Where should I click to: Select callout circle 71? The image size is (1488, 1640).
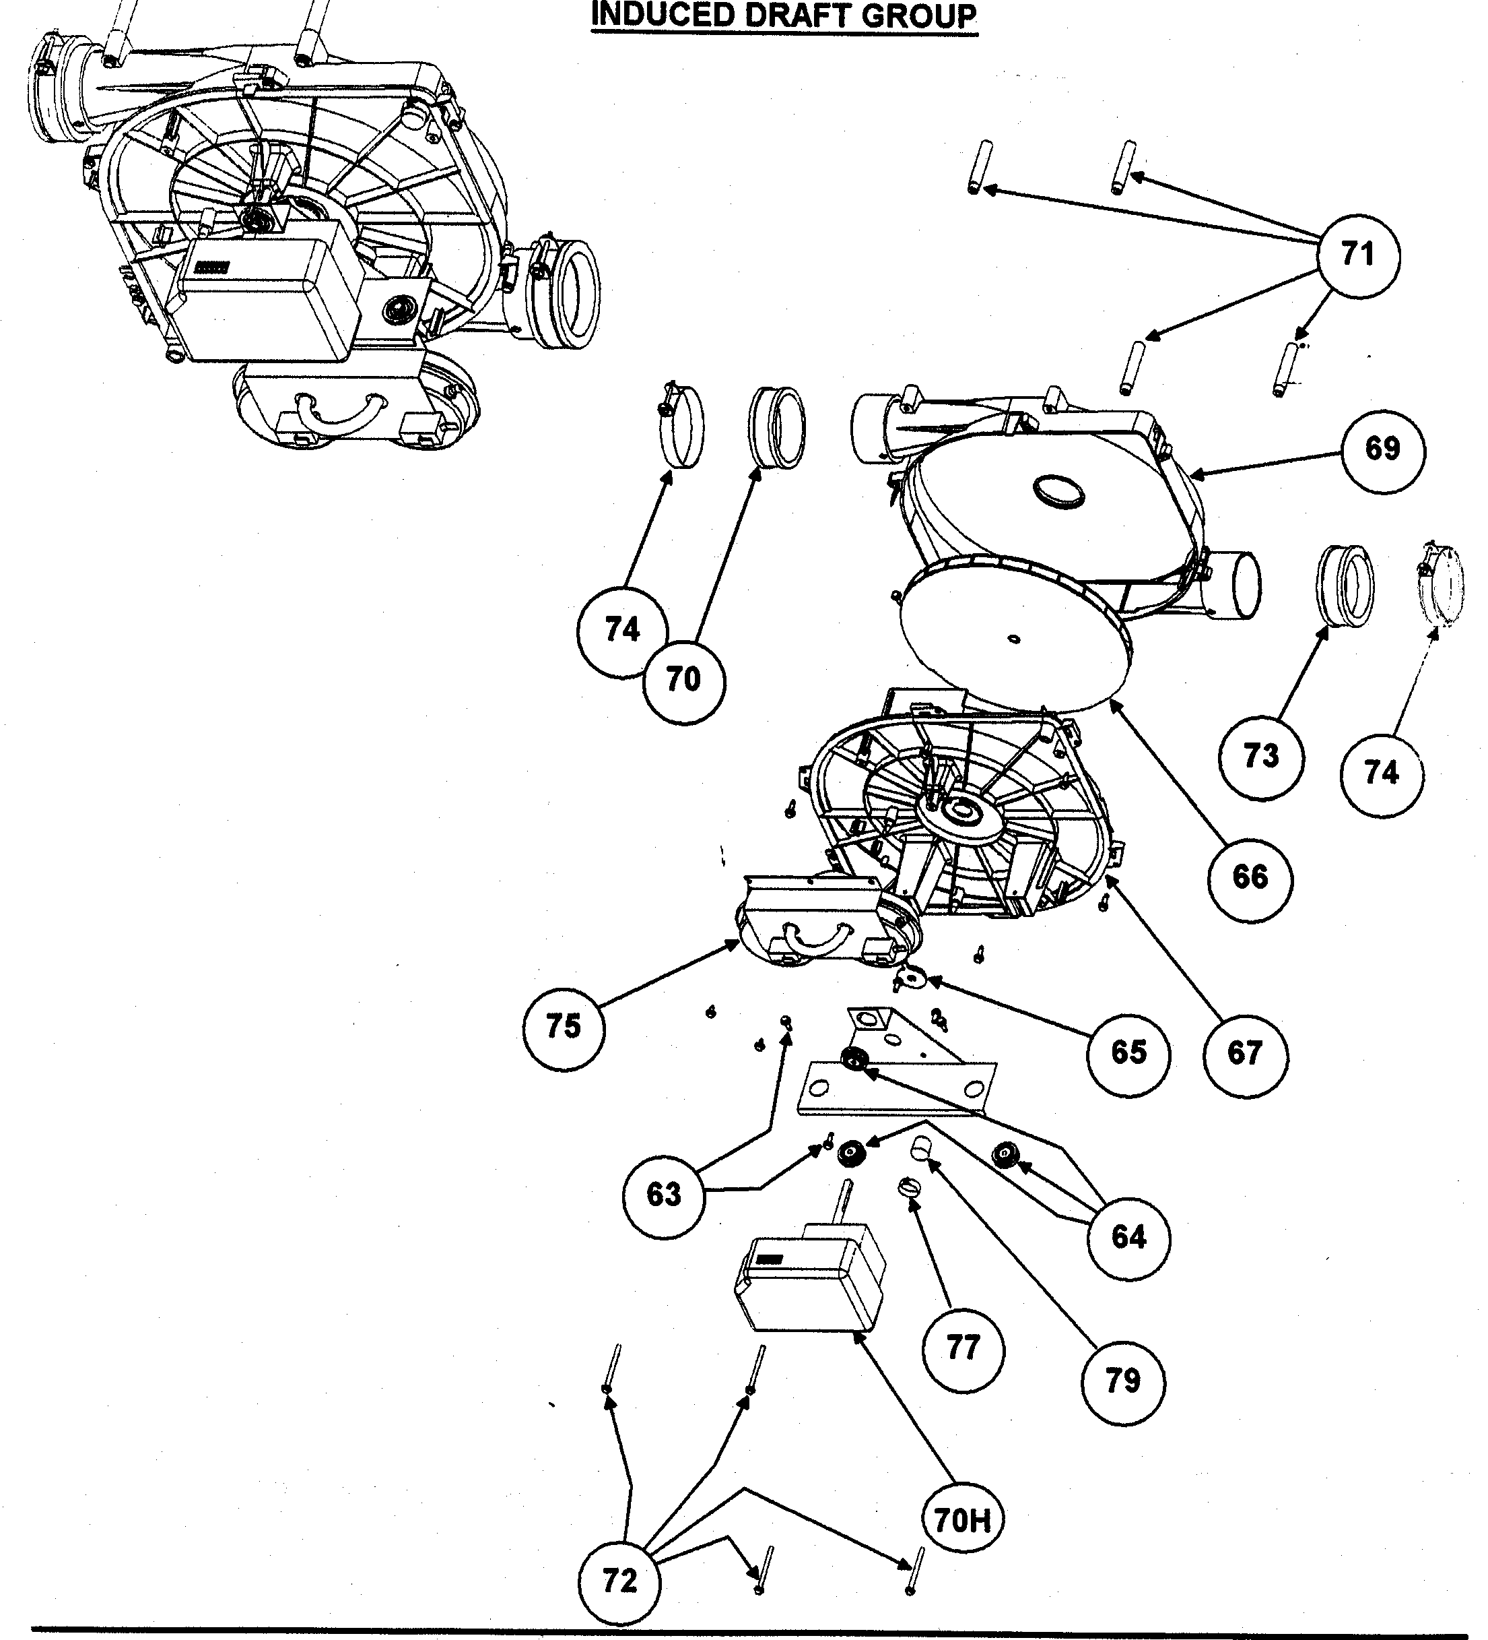point(1358,255)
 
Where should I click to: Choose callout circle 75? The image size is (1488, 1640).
point(564,1027)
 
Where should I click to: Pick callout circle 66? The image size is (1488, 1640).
point(1250,877)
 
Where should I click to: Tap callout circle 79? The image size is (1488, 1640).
point(1123,1381)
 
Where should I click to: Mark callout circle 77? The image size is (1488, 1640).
point(963,1348)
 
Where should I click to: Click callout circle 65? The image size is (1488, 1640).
point(1128,1052)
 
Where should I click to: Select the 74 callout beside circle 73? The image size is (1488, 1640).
point(1381,772)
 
